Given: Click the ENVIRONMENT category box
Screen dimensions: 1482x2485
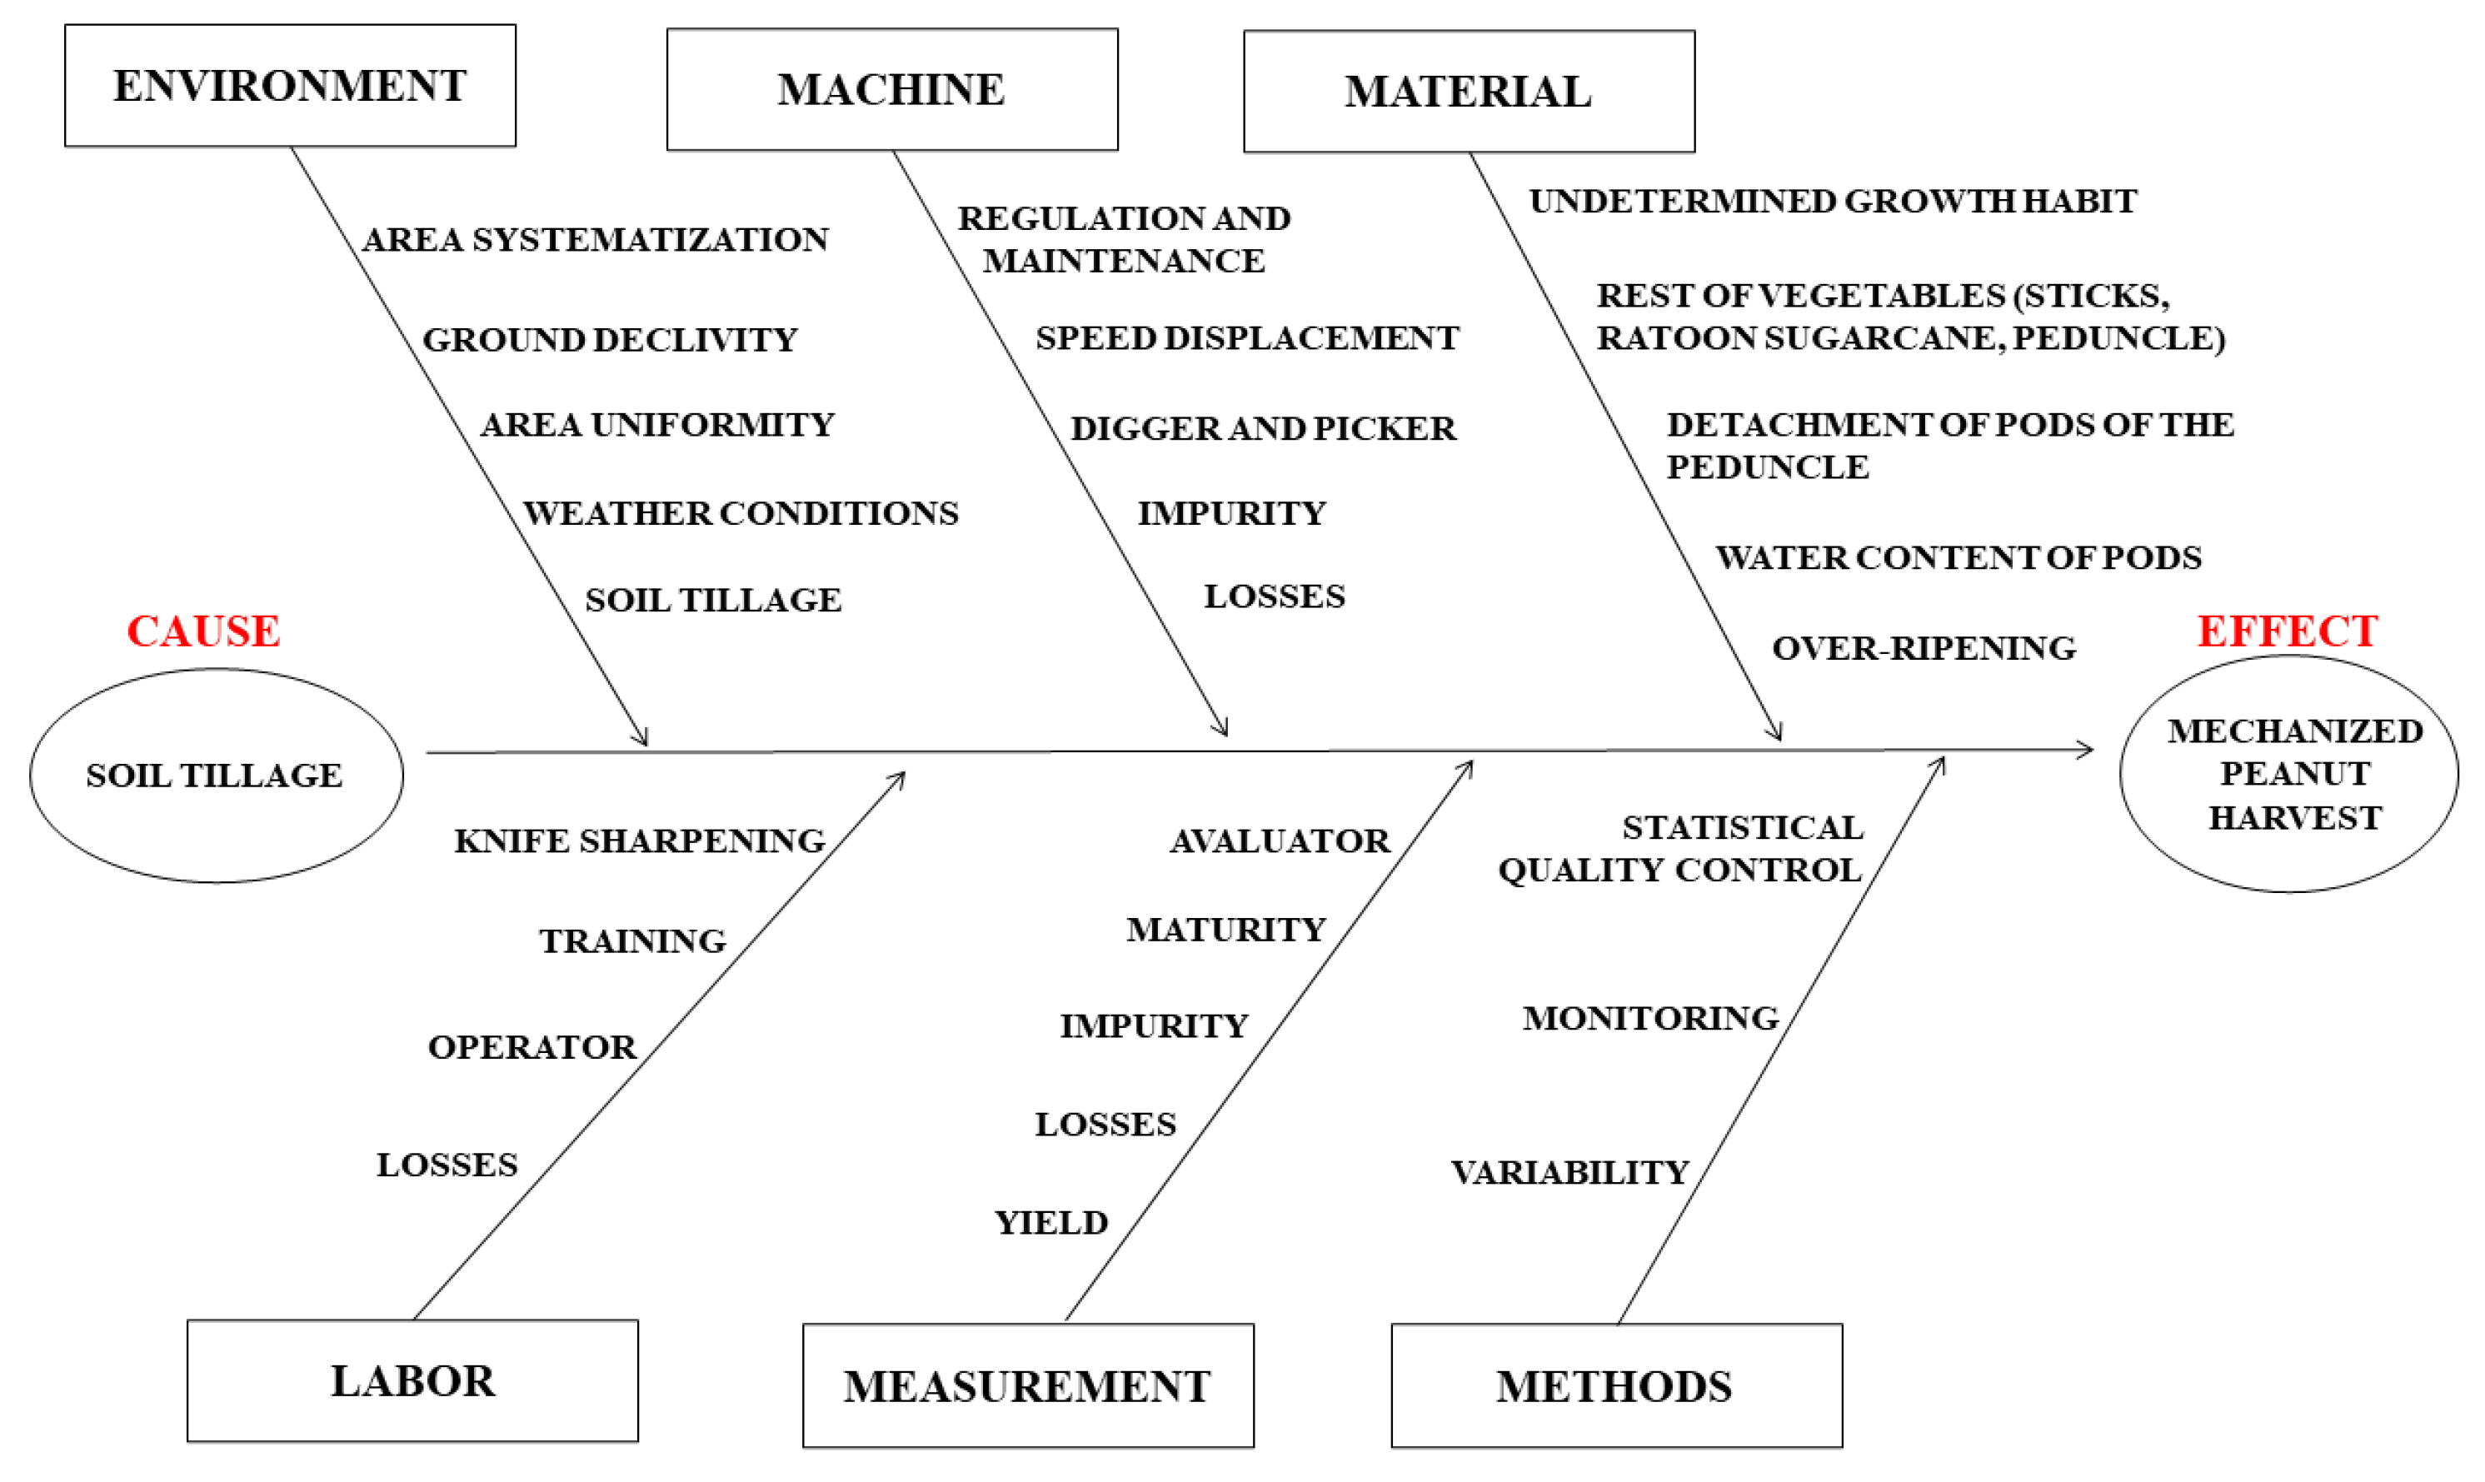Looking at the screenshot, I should pyautogui.click(x=290, y=86).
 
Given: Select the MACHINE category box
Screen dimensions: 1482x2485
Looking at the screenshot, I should pyautogui.click(x=891, y=90).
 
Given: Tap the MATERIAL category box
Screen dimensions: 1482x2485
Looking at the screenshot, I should pyautogui.click(x=1468, y=92).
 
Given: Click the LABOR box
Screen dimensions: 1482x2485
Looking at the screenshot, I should pyautogui.click(x=412, y=1381).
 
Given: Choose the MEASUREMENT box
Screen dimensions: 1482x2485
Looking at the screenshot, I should pyautogui.click(x=1027, y=1386).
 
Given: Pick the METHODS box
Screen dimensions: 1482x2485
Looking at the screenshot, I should pyautogui.click(x=1615, y=1386).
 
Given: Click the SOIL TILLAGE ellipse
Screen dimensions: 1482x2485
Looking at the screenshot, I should pyautogui.click(x=216, y=776).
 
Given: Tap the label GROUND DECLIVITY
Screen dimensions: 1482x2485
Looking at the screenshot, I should pyautogui.click(x=609, y=340).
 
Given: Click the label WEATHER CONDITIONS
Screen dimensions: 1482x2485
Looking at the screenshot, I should pyautogui.click(x=740, y=513).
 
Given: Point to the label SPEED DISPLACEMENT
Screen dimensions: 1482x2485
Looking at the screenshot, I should pyautogui.click(x=1246, y=338).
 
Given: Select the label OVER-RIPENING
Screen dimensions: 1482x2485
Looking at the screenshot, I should pyautogui.click(x=1923, y=648).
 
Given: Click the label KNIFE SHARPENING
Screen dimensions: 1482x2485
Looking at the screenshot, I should pyautogui.click(x=639, y=841).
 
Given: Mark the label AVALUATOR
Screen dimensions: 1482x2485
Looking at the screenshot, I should pyautogui.click(x=1279, y=841).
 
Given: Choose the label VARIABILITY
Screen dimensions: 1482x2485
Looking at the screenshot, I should pyautogui.click(x=1569, y=1172).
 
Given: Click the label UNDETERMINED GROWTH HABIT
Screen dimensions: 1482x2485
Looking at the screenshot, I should pyautogui.click(x=1832, y=201).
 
